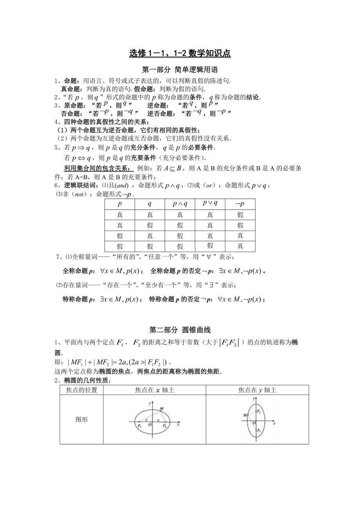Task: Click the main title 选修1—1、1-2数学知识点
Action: point(180,54)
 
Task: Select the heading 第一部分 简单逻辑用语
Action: point(180,70)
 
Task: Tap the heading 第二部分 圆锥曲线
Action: point(180,330)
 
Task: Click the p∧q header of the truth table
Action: point(180,204)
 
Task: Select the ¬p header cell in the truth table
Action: point(240,204)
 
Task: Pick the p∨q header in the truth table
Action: point(210,203)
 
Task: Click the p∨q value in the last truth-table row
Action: point(210,246)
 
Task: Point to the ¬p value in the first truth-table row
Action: point(240,215)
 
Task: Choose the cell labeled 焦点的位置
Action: point(81,390)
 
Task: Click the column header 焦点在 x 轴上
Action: point(155,390)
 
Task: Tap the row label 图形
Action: point(81,420)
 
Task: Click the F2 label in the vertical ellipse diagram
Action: point(259,412)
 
